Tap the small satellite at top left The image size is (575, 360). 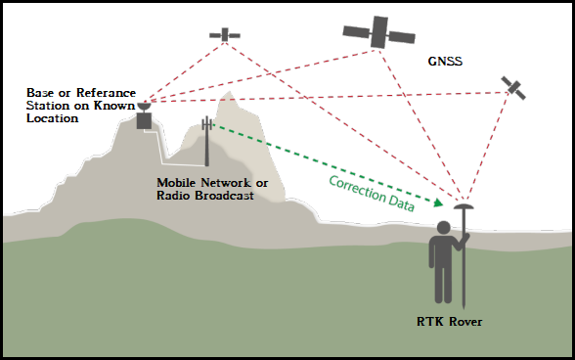click(225, 34)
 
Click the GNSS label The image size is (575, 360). click(445, 61)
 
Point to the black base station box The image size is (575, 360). click(145, 120)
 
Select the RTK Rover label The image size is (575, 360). click(449, 322)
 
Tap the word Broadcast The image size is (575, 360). click(222, 196)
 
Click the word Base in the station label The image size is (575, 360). click(41, 92)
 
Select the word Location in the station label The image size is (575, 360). click(52, 117)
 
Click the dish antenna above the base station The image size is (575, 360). click(145, 104)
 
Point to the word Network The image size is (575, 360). click(223, 183)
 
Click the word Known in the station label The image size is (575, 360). click(115, 105)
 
